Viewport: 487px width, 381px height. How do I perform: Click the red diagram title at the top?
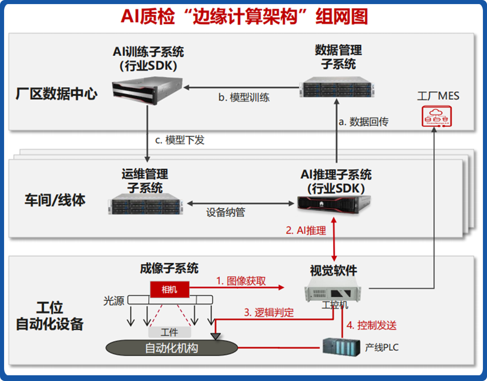point(244,17)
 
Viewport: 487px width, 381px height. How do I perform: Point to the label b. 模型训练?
point(244,97)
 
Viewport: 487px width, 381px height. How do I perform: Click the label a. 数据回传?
point(363,122)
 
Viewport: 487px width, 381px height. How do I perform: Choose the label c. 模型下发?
point(180,140)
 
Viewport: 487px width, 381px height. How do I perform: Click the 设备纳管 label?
point(225,212)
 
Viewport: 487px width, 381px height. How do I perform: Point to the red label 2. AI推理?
point(306,230)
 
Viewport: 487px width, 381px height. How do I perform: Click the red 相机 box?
point(169,290)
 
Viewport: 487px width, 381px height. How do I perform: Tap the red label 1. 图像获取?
point(241,281)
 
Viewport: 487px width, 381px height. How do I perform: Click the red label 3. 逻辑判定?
point(269,313)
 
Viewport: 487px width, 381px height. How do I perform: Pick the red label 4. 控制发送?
point(372,325)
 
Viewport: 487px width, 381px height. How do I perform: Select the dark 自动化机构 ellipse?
point(172,348)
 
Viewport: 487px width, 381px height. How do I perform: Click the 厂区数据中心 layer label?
point(56,94)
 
